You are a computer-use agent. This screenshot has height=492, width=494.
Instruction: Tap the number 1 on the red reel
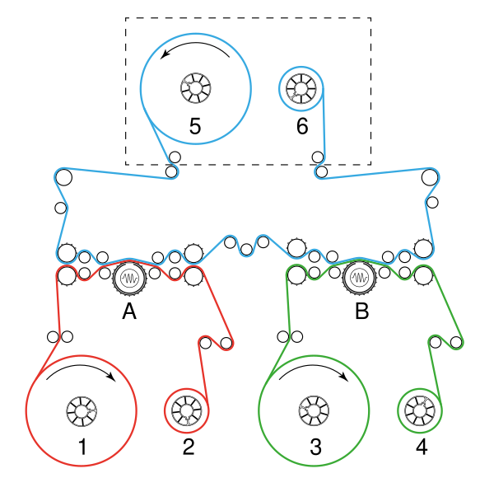click(82, 447)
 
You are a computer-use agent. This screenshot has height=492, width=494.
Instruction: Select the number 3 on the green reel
click(315, 447)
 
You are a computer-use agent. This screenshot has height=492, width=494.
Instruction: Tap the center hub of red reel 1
click(81, 410)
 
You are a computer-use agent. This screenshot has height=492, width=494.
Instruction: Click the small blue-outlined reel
click(301, 87)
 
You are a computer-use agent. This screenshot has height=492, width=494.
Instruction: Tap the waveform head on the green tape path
click(359, 279)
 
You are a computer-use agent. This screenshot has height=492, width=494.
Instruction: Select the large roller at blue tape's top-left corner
click(64, 177)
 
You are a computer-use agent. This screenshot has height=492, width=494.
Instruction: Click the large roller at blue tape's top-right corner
click(429, 177)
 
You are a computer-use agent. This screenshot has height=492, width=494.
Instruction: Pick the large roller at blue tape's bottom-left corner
click(67, 251)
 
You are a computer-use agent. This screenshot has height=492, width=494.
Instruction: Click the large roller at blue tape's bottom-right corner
click(424, 249)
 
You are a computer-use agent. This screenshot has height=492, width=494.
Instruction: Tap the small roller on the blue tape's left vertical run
click(60, 208)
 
